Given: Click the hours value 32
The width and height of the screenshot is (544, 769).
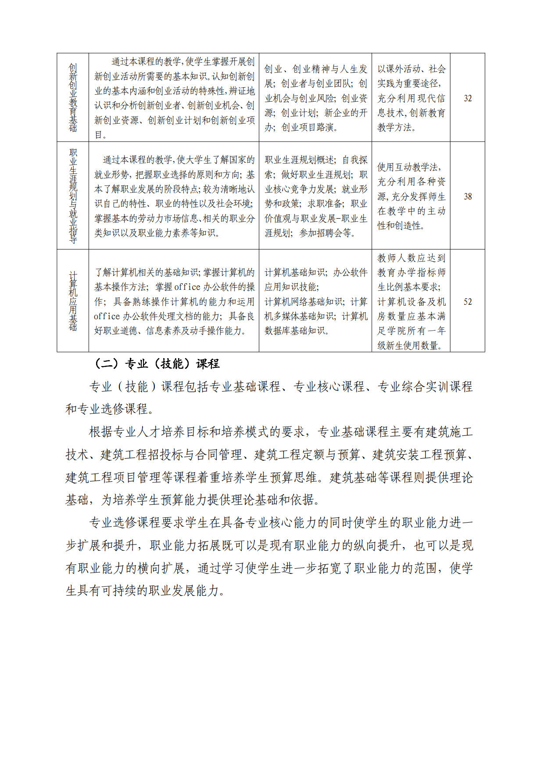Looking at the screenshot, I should pyautogui.click(x=468, y=98).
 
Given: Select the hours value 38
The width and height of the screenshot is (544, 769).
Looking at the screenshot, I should pyautogui.click(x=468, y=196).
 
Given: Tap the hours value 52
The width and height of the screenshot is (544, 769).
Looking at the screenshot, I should pyautogui.click(x=468, y=302).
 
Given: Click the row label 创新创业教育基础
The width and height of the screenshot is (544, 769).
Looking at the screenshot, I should pyautogui.click(x=73, y=98).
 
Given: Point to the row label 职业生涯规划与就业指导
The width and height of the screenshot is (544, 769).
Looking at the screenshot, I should pyautogui.click(x=73, y=196).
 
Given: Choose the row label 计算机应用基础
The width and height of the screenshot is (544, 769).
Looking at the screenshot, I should pyautogui.click(x=73, y=301).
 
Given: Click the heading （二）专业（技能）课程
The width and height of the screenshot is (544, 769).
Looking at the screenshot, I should pyautogui.click(x=157, y=364).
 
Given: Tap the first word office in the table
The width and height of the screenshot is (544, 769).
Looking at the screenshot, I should pyautogui.click(x=187, y=287).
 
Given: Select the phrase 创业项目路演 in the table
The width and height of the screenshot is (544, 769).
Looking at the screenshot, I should pyautogui.click(x=309, y=128).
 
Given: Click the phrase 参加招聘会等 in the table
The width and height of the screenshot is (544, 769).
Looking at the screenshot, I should pyautogui.click(x=326, y=233).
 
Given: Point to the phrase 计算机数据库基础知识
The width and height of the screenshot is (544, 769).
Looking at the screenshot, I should pyautogui.click(x=316, y=324).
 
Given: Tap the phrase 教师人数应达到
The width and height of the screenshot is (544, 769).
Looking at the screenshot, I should pyautogui.click(x=411, y=258).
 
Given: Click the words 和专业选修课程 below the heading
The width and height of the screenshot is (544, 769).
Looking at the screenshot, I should pyautogui.click(x=107, y=409).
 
